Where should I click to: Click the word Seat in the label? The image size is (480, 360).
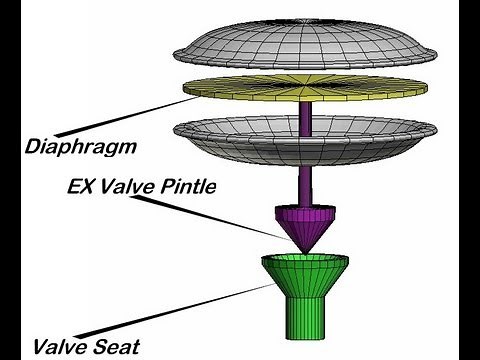click(x=111, y=348)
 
